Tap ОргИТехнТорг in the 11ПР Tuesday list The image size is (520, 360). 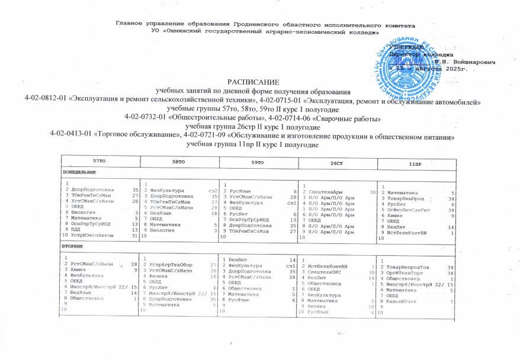406,273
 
